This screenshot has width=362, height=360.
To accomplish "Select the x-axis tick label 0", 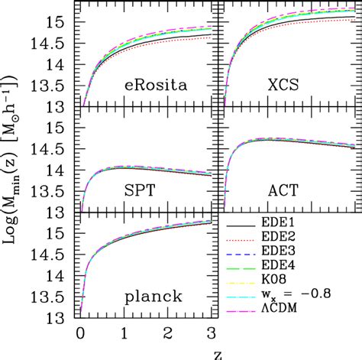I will (x=80, y=333).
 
